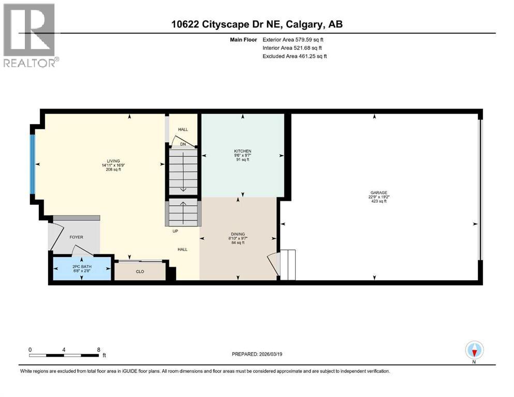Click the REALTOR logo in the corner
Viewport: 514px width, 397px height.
click(30, 35)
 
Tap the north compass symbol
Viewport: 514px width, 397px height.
click(475, 350)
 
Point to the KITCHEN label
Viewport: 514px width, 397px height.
click(242, 151)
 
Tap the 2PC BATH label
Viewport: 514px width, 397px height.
click(82, 266)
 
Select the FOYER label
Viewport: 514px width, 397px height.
click(76, 237)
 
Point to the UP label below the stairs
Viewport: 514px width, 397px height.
click(175, 231)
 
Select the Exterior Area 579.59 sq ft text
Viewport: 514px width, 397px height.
click(295, 39)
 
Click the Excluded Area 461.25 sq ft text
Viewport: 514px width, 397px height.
click(295, 56)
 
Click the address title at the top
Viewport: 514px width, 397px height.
click(257, 24)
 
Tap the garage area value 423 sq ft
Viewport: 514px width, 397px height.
click(378, 201)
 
